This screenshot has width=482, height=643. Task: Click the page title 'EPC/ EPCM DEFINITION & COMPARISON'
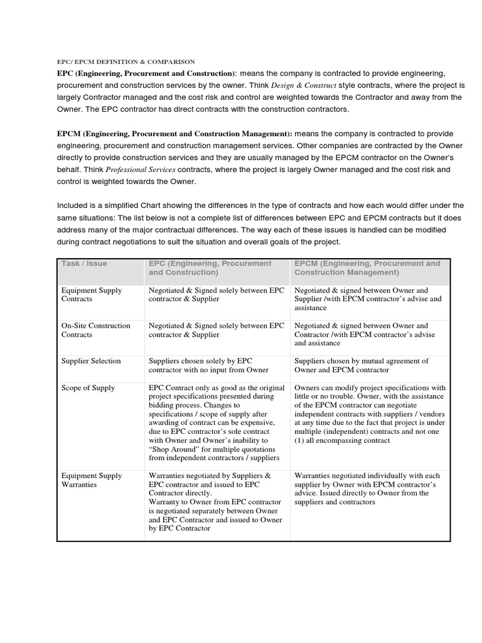pyautogui.click(x=126, y=62)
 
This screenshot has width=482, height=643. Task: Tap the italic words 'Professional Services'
pyautogui.click(x=141, y=170)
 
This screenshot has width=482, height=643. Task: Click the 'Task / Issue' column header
pyautogui.click(x=84, y=264)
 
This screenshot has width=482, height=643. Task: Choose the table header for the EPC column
pyautogui.click(x=210, y=268)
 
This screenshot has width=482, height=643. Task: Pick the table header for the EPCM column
pyautogui.click(x=367, y=268)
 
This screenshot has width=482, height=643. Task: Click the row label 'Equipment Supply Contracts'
pyautogui.click(x=92, y=294)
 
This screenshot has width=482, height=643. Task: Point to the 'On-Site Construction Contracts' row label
pyautogui.click(x=95, y=330)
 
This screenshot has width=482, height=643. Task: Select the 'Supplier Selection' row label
pyautogui.click(x=91, y=361)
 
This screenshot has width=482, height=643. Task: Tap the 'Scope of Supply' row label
pyautogui.click(x=88, y=388)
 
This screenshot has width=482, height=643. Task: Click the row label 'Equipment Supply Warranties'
pyautogui.click(x=92, y=480)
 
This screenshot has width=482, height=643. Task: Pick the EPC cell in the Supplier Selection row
pyautogui.click(x=209, y=365)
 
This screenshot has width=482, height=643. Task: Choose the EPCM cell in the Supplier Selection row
pyautogui.click(x=361, y=365)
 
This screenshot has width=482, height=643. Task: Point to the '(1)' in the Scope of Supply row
pyautogui.click(x=299, y=441)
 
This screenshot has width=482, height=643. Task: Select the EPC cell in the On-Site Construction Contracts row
pyautogui.click(x=216, y=330)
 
